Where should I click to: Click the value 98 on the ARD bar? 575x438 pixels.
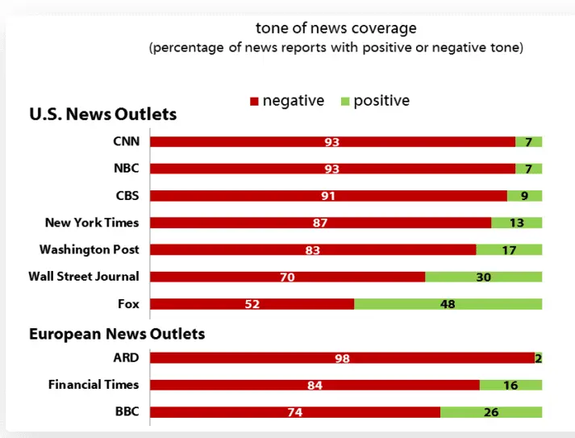coord(342,358)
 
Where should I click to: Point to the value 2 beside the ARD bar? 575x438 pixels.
coord(538,358)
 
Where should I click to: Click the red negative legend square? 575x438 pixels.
coord(254,102)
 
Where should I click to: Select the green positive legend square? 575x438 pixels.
coord(345,102)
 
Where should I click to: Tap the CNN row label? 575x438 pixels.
coord(127,142)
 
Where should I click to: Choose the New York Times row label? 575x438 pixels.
coord(92,223)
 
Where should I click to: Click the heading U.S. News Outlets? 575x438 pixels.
coord(102,115)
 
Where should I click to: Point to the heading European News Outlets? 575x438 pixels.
coord(117,333)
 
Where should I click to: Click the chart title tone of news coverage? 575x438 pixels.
coord(336,28)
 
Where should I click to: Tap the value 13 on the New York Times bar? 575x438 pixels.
coord(516,223)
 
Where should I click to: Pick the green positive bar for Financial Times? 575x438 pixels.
coord(510,386)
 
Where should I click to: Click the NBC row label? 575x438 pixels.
coord(127,169)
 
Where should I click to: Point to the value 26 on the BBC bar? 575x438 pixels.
coord(491,412)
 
